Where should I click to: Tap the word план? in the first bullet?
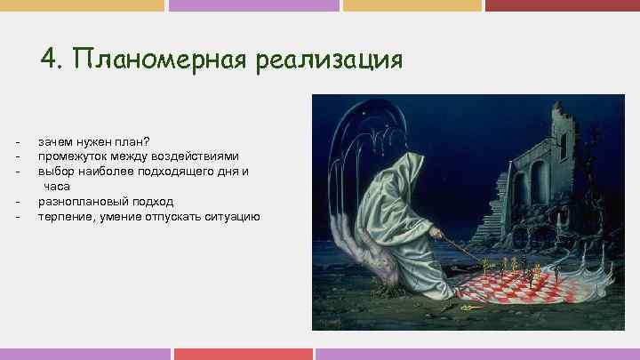pyautogui.click(x=134, y=141)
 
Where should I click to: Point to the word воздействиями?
pyautogui.click(x=197, y=156)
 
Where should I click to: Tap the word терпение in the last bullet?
pyautogui.click(x=64, y=216)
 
